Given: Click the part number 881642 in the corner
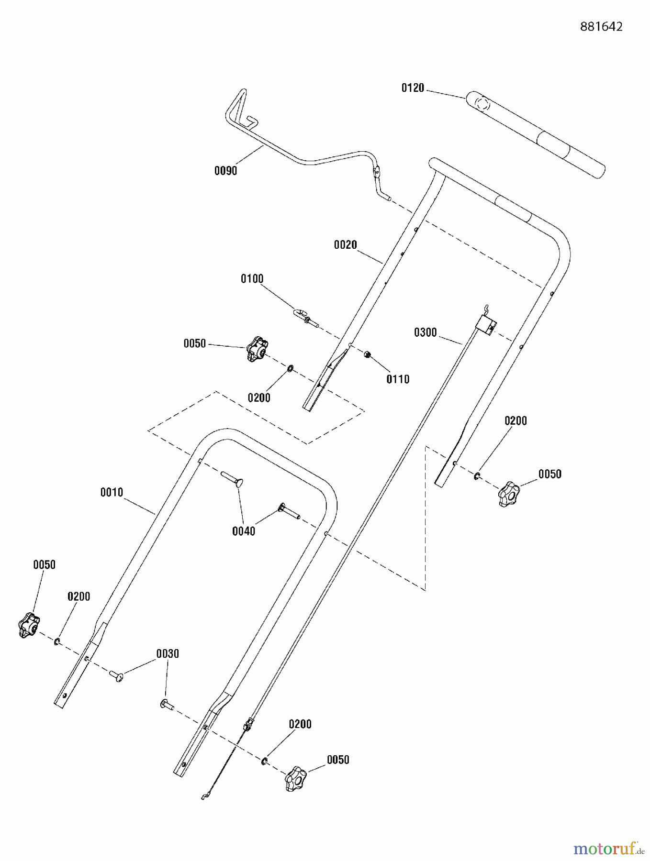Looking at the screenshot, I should [601, 27].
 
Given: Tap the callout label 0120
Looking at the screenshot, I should [413, 88].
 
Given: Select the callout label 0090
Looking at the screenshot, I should [225, 171].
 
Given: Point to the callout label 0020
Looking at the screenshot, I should [345, 245].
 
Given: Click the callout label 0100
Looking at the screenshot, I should [252, 279].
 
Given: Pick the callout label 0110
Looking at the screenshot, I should [398, 379].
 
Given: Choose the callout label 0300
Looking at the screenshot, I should [425, 332].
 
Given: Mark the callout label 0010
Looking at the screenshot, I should [112, 492].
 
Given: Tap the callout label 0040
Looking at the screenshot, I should [244, 531].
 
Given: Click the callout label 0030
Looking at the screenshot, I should [168, 654].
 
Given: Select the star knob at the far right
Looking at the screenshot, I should [508, 494].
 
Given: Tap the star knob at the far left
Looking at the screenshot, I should [29, 625].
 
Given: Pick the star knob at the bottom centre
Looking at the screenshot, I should [295, 779].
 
